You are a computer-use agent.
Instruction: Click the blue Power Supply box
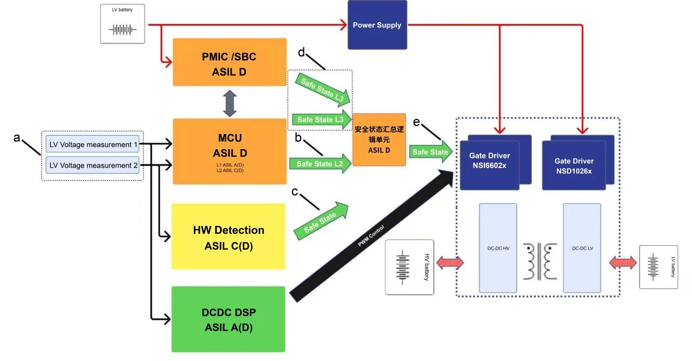tap(377, 25)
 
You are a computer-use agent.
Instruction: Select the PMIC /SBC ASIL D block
tap(230, 62)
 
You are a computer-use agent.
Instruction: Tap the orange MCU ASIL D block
tap(230, 151)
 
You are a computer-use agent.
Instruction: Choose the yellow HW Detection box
tap(228, 237)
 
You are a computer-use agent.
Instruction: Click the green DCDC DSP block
tap(228, 319)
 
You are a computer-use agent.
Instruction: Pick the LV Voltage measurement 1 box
tap(92, 144)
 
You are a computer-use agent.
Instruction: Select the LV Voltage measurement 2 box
tap(92, 165)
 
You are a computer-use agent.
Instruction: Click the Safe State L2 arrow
tap(321, 163)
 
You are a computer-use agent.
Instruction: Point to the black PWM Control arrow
tap(371, 236)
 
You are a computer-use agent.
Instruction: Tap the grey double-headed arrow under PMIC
tap(230, 103)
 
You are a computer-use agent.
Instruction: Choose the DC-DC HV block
tap(498, 248)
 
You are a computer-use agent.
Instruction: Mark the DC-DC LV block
tap(582, 248)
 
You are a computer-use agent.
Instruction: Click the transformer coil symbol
tap(540, 261)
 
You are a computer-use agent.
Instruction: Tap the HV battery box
tap(410, 267)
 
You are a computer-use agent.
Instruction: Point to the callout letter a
tap(17, 137)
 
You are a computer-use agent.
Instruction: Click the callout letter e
tap(416, 122)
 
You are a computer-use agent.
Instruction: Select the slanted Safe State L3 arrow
tap(322, 90)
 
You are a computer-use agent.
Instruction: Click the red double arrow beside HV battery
tap(450, 263)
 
